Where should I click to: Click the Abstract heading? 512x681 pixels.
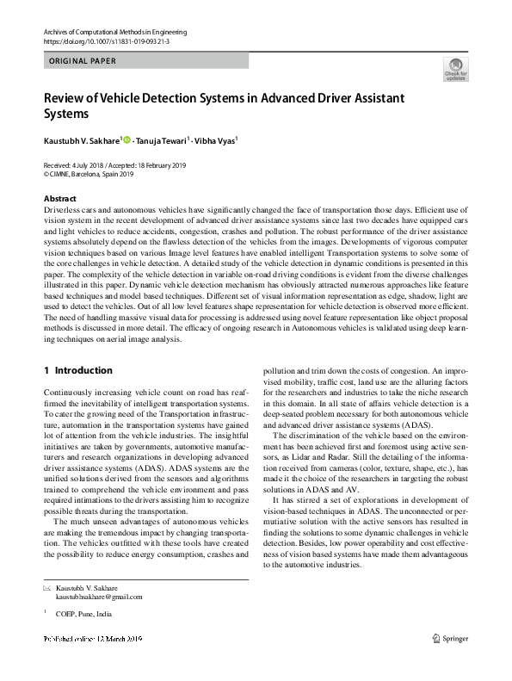[59, 198]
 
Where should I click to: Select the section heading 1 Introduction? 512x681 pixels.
[77, 370]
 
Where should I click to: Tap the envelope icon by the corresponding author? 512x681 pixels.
[47, 587]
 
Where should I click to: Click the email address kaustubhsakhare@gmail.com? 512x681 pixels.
[99, 596]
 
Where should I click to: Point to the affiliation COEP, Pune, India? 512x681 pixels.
[83, 614]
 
